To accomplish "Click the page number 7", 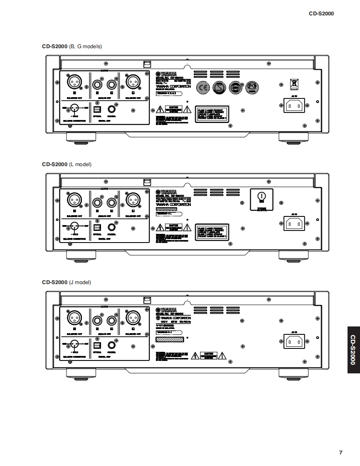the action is [x=340, y=452].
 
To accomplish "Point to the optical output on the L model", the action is [x=97, y=228].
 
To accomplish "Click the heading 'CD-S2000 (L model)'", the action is [x=67, y=165].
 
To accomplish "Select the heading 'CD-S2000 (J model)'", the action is [x=67, y=282].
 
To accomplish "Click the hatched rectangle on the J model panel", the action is [x=169, y=339].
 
